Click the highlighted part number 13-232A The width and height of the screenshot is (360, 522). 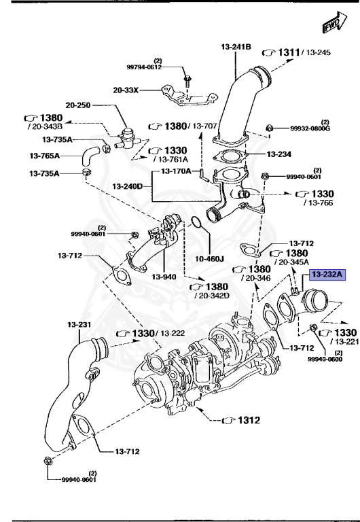[328, 275]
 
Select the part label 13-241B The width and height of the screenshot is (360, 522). [236, 47]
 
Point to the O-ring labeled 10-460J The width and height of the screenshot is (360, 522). [194, 224]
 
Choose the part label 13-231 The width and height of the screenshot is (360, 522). [80, 324]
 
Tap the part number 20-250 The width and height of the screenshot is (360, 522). [79, 105]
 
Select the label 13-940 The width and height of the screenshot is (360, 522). [164, 277]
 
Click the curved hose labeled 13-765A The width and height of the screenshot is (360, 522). [88, 158]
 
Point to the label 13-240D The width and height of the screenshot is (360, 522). [128, 186]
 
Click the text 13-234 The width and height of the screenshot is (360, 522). [279, 154]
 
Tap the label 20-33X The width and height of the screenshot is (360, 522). [126, 89]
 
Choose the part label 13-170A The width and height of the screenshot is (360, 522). [176, 171]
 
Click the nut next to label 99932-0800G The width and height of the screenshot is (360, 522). [270, 127]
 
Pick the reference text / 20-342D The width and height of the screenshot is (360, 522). [212, 296]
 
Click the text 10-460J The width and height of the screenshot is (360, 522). [211, 259]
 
